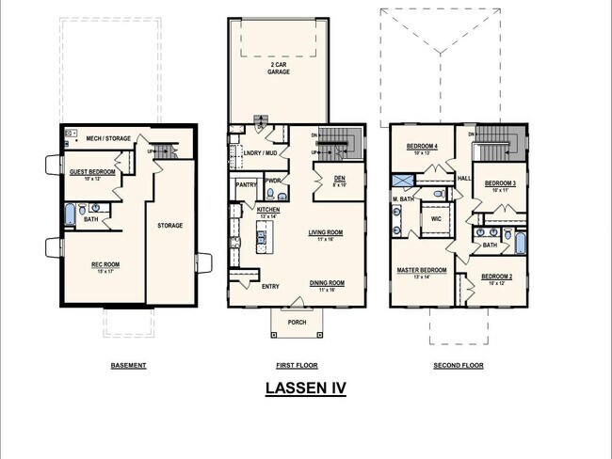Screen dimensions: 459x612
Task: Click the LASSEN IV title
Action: click(x=305, y=388)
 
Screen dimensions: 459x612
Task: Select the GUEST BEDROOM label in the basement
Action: click(x=92, y=172)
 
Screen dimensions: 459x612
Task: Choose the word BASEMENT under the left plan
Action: click(x=129, y=365)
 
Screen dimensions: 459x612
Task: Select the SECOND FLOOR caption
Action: click(x=459, y=365)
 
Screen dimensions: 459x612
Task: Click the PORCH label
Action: click(x=297, y=323)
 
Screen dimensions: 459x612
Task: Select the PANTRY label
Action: click(x=247, y=185)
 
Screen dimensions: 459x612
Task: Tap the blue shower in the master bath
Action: click(x=401, y=180)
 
